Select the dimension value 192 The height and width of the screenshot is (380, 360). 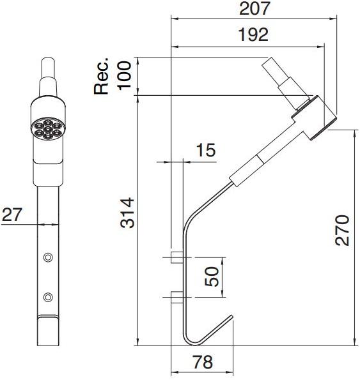click(253, 35)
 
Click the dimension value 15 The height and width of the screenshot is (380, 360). click(205, 151)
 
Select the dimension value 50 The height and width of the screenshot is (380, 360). click(212, 277)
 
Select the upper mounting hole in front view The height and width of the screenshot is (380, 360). click(47, 257)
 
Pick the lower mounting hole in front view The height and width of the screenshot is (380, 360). click(47, 297)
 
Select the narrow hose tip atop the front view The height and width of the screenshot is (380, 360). click(49, 68)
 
